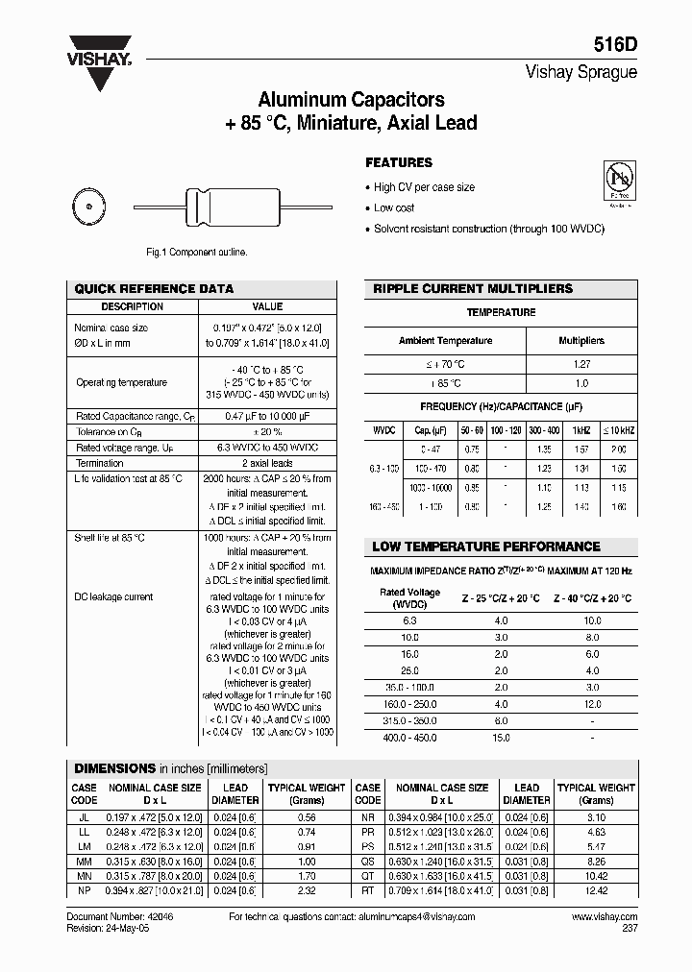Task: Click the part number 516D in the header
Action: (x=617, y=45)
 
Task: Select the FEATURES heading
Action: (x=399, y=163)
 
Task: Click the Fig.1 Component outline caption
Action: (x=196, y=252)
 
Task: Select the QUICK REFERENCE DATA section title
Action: (x=154, y=288)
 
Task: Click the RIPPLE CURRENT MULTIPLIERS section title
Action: (x=472, y=288)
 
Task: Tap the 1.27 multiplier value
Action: (x=581, y=365)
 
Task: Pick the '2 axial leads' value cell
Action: (x=267, y=463)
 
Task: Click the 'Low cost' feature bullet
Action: (x=394, y=208)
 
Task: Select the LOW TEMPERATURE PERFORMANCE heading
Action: (x=485, y=547)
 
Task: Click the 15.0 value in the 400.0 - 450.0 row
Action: (x=501, y=738)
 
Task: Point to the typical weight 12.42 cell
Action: (x=597, y=890)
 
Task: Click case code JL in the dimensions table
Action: (x=84, y=814)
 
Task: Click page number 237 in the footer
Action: (x=629, y=929)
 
